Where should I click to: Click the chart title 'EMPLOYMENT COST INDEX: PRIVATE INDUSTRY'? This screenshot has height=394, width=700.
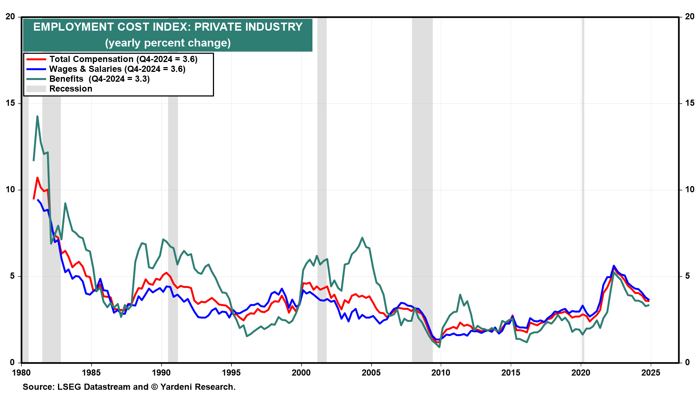(x=168, y=27)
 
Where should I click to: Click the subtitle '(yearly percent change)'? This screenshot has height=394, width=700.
(x=168, y=43)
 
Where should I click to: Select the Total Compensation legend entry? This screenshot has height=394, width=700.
(x=123, y=59)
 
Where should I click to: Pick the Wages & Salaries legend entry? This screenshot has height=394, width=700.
(x=117, y=69)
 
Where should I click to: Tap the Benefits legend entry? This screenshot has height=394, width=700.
(x=99, y=79)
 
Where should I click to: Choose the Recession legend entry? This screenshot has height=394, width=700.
(x=71, y=89)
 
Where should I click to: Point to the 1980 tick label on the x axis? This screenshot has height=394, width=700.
(x=21, y=373)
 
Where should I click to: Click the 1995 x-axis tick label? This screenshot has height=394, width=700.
(x=231, y=373)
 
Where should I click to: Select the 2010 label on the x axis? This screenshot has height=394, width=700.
(x=441, y=373)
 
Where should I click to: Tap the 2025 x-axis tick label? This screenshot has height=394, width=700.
(x=650, y=373)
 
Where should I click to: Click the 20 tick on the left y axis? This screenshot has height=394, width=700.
(x=10, y=17)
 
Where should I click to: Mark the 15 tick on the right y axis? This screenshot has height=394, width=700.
(x=690, y=103)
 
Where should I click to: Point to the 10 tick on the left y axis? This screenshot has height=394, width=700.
(x=10, y=190)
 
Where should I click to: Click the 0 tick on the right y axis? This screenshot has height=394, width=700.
(x=688, y=363)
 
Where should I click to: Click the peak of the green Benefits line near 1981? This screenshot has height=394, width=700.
(x=37, y=116)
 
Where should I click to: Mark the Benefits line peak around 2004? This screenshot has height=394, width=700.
(x=362, y=238)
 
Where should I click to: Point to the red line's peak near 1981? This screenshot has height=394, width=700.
(x=37, y=178)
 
